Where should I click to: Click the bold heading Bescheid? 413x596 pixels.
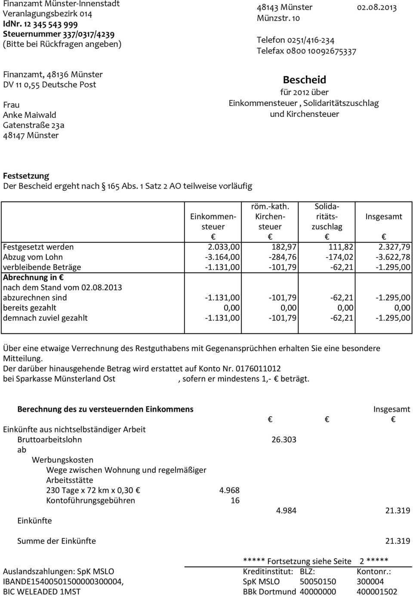coord(305,80)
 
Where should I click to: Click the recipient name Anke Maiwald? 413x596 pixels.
coord(30,115)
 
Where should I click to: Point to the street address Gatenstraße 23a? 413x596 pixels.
coord(34,125)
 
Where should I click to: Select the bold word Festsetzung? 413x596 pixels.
coord(26,176)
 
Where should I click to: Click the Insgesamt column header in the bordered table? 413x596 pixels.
coord(384,217)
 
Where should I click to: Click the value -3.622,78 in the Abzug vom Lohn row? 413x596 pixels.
coord(393,257)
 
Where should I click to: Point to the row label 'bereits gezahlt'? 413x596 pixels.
coord(30,308)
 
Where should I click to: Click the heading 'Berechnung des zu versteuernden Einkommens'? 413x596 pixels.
coord(105,409)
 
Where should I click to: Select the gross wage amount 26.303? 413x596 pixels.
coord(284,440)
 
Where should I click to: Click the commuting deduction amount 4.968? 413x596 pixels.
coord(229,490)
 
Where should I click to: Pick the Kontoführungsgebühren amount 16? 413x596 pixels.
coord(235,500)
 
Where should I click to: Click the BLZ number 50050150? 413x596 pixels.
coord(318,581)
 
